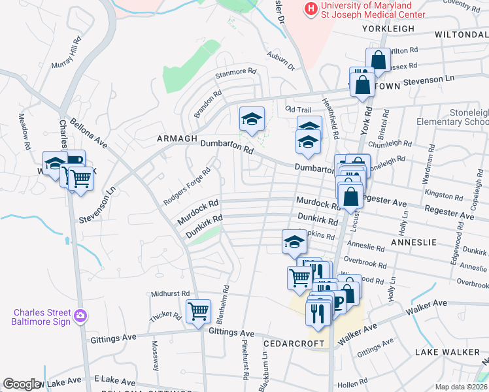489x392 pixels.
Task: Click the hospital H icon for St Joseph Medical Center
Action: tap(311, 9)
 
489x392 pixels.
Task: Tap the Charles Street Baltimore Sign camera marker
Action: tap(80, 316)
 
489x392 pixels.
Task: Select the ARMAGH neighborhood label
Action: tap(177, 139)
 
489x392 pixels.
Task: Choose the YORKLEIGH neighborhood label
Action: tap(386, 29)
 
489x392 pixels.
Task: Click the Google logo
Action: tap(22, 384)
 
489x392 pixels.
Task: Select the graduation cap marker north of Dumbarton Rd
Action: tap(252, 119)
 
